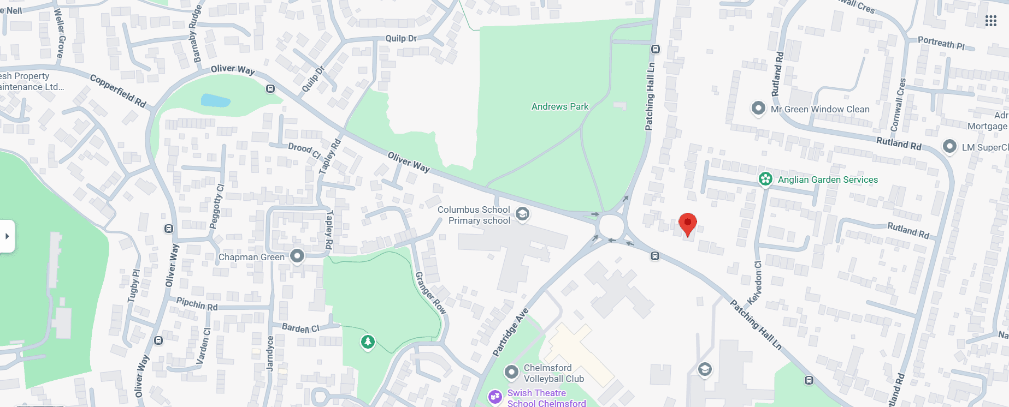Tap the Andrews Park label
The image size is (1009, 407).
click(560, 106)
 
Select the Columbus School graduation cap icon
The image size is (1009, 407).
click(522, 214)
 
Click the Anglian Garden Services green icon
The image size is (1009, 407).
click(765, 179)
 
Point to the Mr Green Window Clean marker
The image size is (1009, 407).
click(758, 108)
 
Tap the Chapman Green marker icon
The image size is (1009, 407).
click(297, 255)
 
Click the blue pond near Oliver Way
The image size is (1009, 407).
click(216, 100)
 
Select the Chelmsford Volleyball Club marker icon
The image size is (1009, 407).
click(511, 372)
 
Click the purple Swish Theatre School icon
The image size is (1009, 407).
click(495, 397)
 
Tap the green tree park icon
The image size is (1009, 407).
click(368, 342)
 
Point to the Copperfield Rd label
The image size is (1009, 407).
click(118, 91)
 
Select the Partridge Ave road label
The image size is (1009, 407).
click(511, 332)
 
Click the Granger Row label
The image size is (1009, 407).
click(431, 293)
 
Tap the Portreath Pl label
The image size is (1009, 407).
click(941, 43)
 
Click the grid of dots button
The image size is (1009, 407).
click(991, 21)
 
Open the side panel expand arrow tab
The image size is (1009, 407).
click(7, 236)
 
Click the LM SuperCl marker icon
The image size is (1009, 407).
click(949, 146)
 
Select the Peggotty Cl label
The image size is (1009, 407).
click(217, 206)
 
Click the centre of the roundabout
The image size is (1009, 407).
click(611, 226)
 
